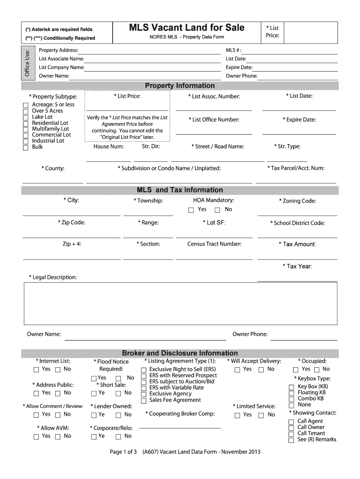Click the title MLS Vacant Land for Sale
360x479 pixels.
coord(187,28)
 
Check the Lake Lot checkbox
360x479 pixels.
coord(26,117)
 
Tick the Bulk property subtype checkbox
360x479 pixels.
coord(26,147)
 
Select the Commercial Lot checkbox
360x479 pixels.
coord(26,135)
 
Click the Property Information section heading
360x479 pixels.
coord(180,86)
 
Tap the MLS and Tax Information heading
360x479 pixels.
coord(180,190)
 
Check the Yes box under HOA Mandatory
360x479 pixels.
coord(191,210)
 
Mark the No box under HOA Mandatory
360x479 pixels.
coord(217,210)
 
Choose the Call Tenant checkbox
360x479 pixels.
coord(291,434)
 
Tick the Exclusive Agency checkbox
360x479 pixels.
coord(144,394)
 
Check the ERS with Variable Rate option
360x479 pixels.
coord(144,388)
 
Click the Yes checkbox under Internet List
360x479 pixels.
coord(36,370)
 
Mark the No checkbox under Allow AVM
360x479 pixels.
coord(58,436)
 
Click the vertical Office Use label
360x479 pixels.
coord(27,63)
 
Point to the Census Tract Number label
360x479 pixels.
coord(214,244)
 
